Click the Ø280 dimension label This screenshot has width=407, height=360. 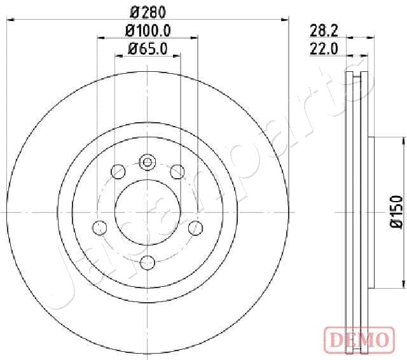148,13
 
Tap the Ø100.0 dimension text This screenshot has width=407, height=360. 148,31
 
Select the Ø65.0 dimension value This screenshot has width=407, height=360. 148,49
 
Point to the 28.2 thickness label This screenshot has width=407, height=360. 324,31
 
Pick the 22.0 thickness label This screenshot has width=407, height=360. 324,49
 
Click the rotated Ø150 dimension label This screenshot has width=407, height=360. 397,212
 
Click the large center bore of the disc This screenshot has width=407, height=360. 148,212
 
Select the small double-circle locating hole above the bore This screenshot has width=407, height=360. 148,162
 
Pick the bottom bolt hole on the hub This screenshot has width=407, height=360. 148,263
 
